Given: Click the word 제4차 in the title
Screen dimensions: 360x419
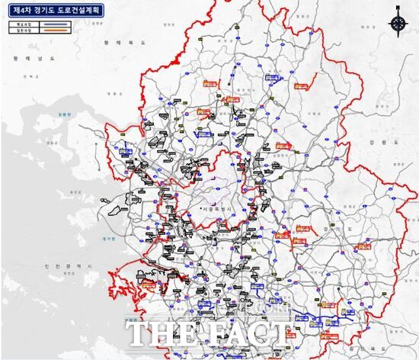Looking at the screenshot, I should (x=21, y=11).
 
